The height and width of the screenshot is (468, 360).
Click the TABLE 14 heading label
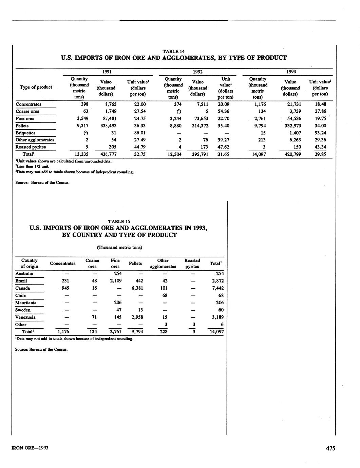(173, 52)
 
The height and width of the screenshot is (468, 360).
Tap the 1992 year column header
(197, 72)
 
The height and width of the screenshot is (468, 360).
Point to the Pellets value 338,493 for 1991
(106, 126)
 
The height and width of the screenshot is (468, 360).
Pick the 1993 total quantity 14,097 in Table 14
(258, 154)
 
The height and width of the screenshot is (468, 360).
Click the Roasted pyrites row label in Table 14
(31, 147)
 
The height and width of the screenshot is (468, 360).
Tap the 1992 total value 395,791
(197, 154)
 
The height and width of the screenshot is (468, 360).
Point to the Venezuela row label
(25, 317)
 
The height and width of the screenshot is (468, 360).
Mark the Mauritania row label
(26, 303)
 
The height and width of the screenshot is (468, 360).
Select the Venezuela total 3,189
(217, 317)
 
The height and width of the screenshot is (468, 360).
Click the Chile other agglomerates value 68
(165, 295)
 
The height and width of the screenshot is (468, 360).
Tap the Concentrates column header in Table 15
(63, 264)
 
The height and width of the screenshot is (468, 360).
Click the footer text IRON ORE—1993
(30, 448)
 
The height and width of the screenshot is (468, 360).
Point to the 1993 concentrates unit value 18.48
(320, 104)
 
